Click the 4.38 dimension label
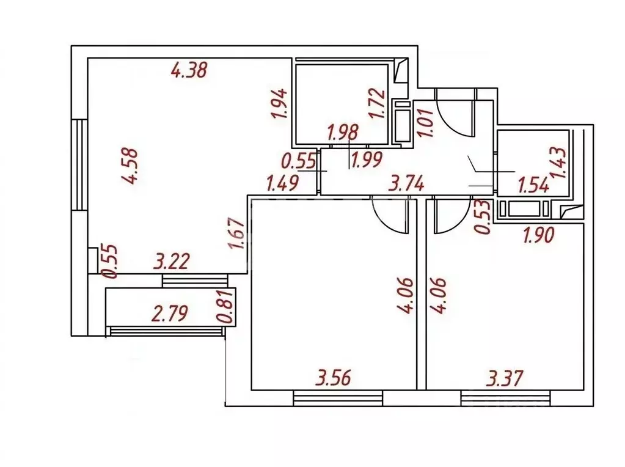(189, 70)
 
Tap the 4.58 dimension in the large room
(130, 166)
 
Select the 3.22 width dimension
(172, 262)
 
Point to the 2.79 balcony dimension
(169, 313)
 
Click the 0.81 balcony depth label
(225, 306)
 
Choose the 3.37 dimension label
(505, 378)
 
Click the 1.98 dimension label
(343, 133)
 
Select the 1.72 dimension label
(377, 103)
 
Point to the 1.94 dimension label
(279, 103)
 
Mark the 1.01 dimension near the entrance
(426, 122)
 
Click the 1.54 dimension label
(533, 185)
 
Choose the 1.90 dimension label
(538, 235)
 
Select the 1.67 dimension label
(238, 233)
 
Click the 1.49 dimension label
(282, 183)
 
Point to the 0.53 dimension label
(483, 217)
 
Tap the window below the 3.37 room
(505, 398)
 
